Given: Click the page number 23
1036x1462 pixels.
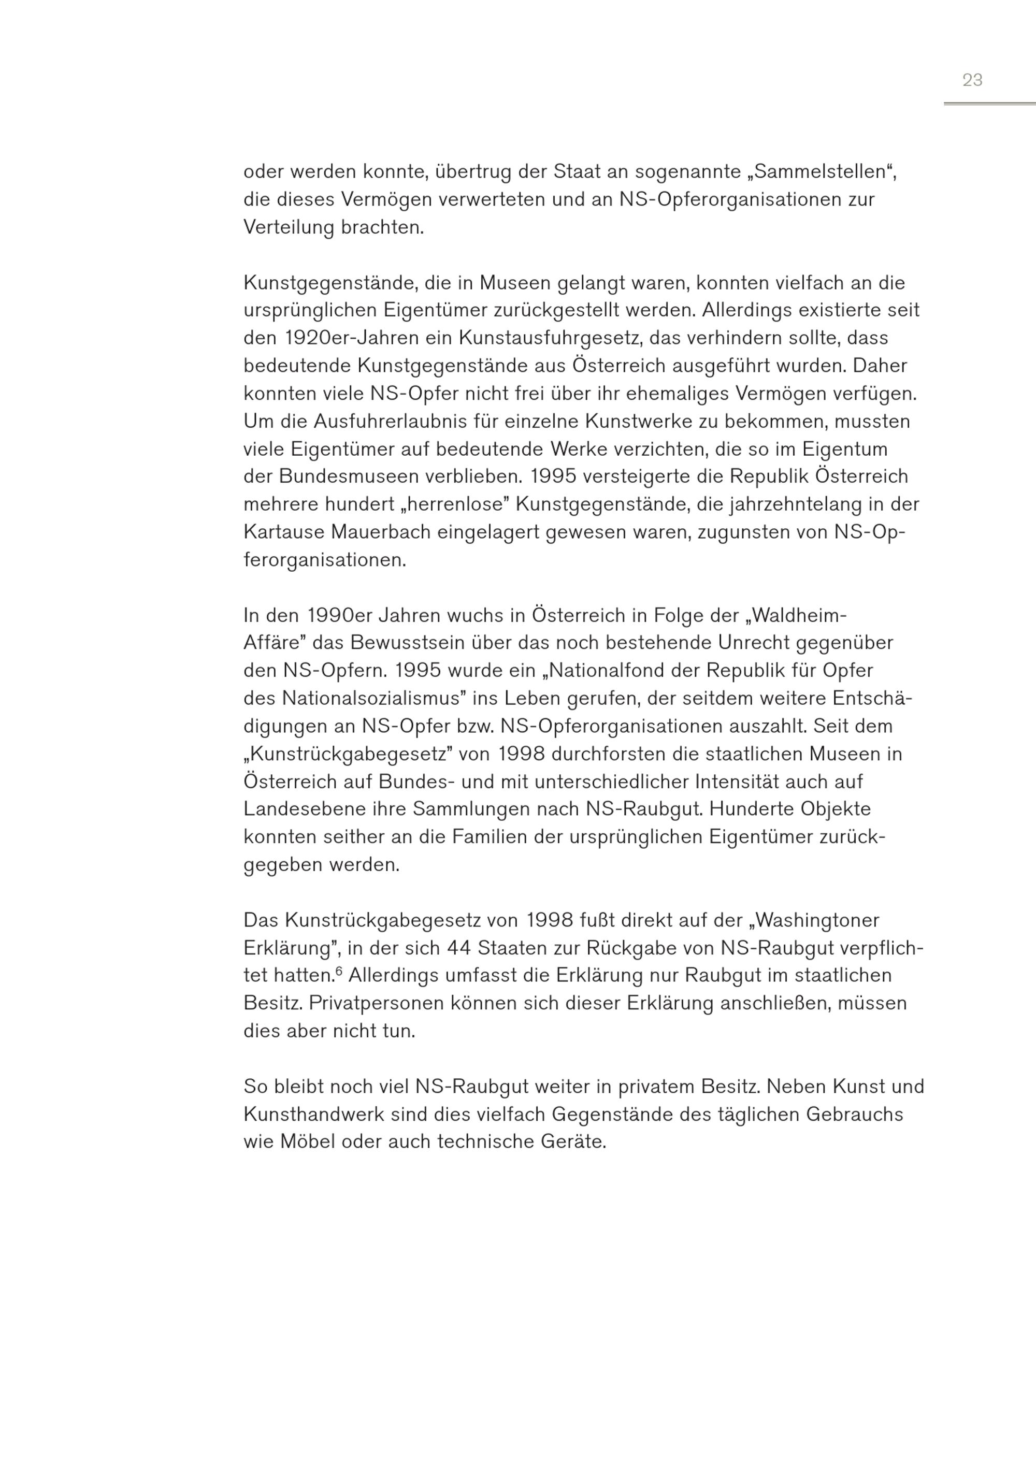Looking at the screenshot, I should click(x=972, y=80).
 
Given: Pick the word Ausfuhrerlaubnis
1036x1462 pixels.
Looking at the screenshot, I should click(x=380, y=422).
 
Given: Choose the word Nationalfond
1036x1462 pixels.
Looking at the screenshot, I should click(x=623, y=671).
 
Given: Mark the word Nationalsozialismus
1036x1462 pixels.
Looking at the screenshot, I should click(x=371, y=699).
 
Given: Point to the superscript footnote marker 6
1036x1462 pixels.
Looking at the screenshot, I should click(x=339, y=972).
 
